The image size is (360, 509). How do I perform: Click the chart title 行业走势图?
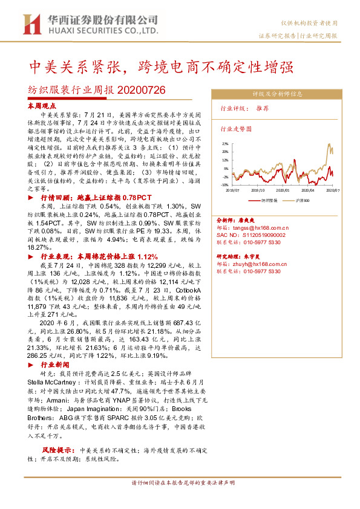click(x=235, y=129)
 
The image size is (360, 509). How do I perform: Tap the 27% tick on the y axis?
click(x=225, y=144)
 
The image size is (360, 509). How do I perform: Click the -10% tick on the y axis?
click(x=224, y=185)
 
